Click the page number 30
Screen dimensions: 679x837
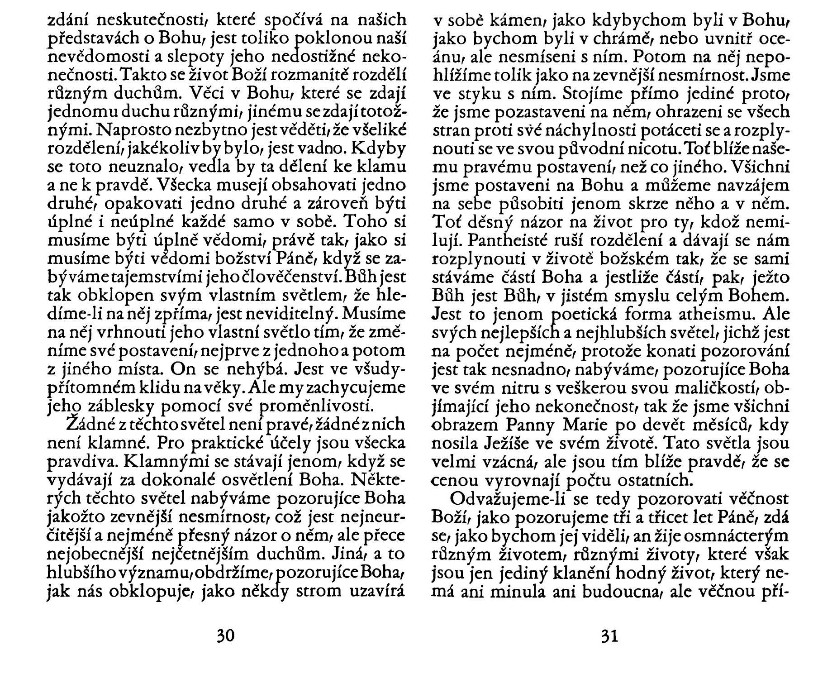[x=225, y=636]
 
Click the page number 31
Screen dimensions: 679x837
[x=609, y=636]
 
